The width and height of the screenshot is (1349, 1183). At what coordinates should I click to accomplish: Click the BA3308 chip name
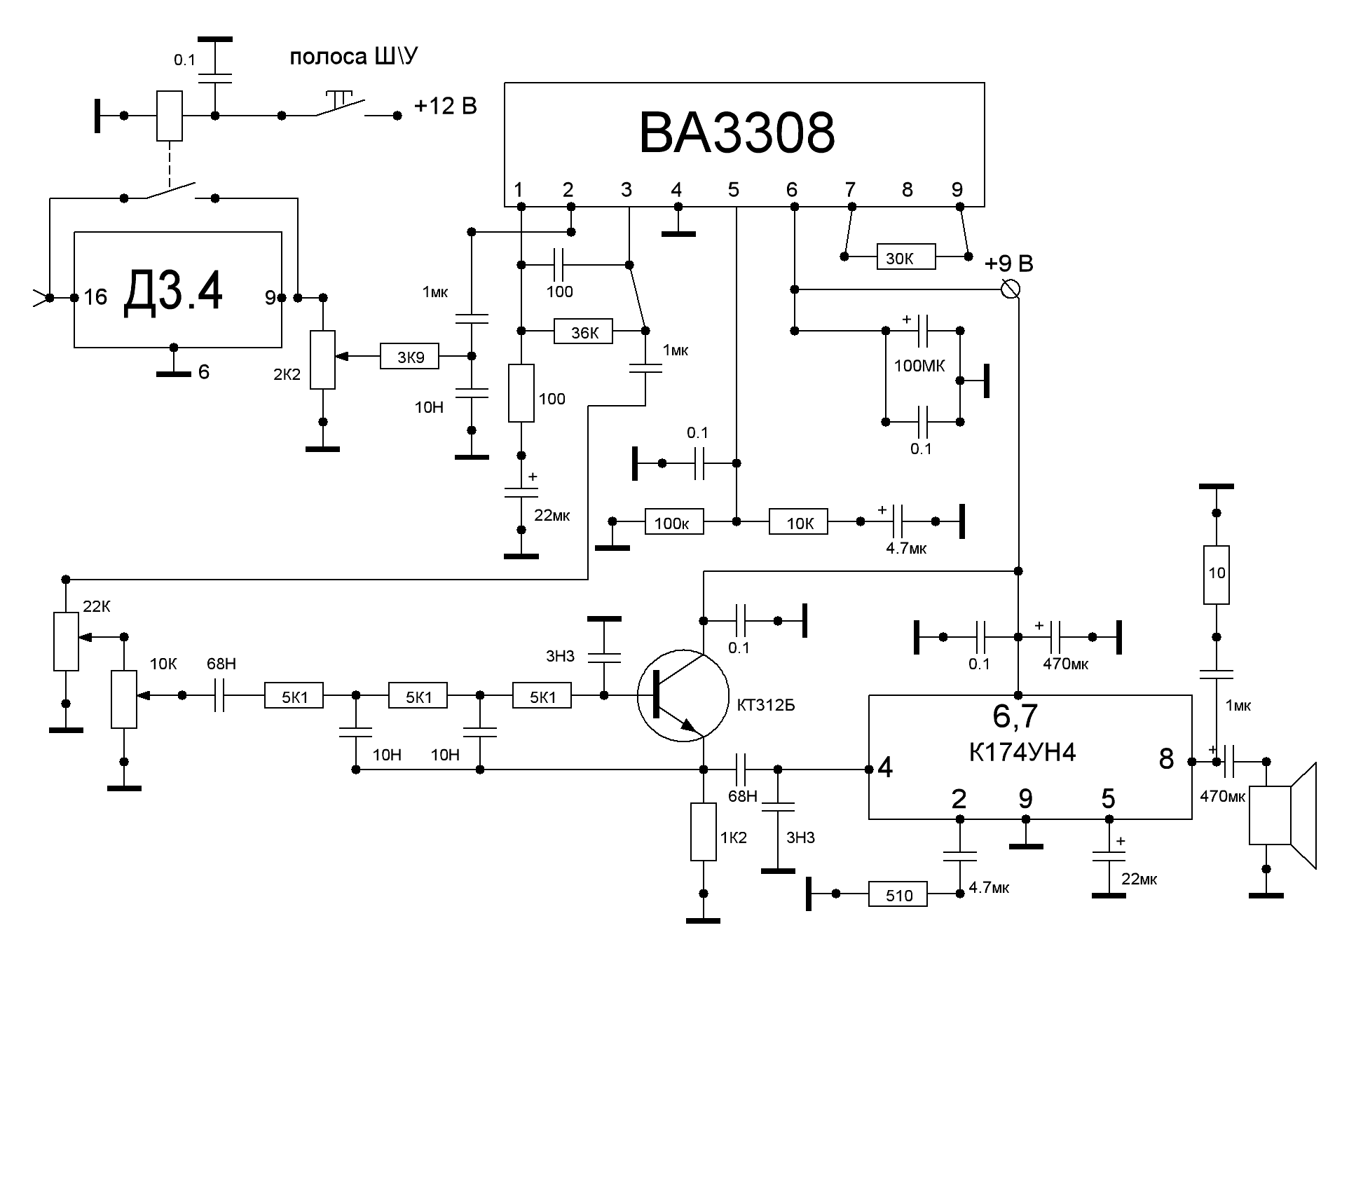(x=737, y=133)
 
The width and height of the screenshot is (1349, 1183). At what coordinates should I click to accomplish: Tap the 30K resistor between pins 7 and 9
(x=905, y=257)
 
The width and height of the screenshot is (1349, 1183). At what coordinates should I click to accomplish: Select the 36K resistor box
(x=583, y=331)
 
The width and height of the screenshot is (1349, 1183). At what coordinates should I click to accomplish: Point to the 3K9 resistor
(x=410, y=357)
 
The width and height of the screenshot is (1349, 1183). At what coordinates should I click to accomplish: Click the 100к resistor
(x=673, y=522)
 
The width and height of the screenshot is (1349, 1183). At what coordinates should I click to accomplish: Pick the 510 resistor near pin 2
(x=898, y=894)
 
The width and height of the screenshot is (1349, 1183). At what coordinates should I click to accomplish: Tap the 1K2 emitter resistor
(x=704, y=832)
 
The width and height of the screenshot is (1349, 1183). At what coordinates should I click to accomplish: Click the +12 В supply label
(x=446, y=107)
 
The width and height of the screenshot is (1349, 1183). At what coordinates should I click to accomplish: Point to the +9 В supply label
(x=1008, y=264)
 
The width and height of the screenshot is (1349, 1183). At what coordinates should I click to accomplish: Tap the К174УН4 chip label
(x=1022, y=752)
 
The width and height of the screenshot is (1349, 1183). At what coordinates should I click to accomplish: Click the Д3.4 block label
(x=173, y=292)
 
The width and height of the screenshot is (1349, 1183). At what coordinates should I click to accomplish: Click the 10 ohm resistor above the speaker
(x=1217, y=574)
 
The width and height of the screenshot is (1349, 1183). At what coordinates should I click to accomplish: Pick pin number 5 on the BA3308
(x=733, y=189)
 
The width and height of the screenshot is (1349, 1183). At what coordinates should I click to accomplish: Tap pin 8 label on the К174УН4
(x=1166, y=759)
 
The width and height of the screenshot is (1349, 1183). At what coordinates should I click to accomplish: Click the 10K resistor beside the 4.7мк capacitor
(x=798, y=522)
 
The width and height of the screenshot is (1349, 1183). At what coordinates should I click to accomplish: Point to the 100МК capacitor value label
(x=919, y=365)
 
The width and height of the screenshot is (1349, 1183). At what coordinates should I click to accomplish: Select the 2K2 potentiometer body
(x=323, y=360)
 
